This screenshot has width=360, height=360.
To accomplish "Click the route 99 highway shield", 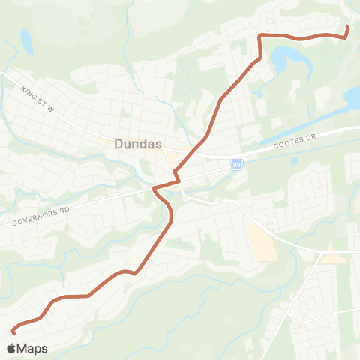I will tap(236, 164).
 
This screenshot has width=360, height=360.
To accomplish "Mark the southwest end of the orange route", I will tap(13, 330).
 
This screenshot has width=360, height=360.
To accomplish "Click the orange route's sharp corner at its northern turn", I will tap(259, 36).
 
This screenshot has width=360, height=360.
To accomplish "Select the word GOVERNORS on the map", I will tap(30, 219).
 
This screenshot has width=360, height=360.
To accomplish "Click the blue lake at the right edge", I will tap(352, 96).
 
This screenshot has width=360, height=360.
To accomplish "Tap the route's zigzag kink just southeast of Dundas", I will tap(177, 177).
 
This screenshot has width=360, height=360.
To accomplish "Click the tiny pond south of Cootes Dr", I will tap(293, 160).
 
